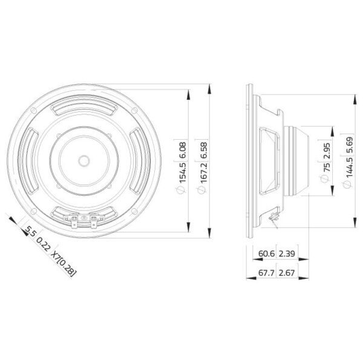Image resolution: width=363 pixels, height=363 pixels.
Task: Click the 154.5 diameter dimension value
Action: click(x=183, y=172)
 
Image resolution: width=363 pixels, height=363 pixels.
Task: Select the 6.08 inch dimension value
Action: click(x=183, y=150)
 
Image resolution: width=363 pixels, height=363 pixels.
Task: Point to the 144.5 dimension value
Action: click(x=350, y=167)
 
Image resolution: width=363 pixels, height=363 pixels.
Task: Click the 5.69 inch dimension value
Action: click(x=350, y=145)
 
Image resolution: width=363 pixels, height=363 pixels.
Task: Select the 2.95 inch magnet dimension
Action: click(x=328, y=151)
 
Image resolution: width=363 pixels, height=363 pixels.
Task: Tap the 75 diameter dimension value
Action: click(x=328, y=168)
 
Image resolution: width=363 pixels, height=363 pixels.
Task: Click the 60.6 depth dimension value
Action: click(x=266, y=253)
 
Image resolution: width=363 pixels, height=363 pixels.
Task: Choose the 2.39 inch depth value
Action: click(x=287, y=253)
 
